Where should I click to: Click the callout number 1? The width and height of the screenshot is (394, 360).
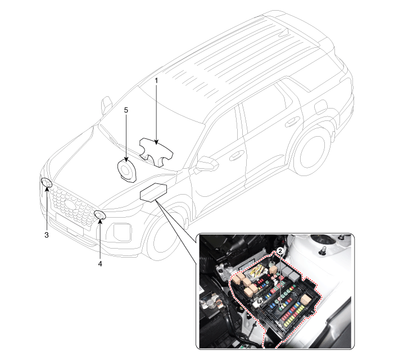(156, 80)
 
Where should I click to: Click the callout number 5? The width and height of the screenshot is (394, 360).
(126, 110)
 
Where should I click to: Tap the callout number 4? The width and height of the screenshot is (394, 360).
(100, 263)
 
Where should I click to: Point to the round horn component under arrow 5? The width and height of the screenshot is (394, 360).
(125, 169)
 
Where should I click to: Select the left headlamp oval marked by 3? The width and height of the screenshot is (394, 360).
(47, 183)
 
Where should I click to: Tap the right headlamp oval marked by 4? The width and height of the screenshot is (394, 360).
(100, 215)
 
